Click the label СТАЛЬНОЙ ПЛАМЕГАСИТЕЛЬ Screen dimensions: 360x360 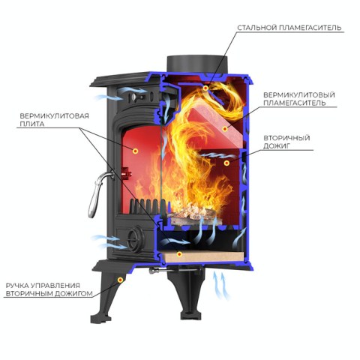coord(289,28)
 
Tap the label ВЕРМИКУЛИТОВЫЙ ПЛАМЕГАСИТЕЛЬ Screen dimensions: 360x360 coord(299,99)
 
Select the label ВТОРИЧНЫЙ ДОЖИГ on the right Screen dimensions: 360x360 coord(286,142)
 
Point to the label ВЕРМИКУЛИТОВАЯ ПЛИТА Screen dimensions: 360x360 coord(54,120)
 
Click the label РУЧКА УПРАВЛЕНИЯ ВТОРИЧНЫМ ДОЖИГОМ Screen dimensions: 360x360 coord(49,289)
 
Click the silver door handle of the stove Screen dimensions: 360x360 coord(98,193)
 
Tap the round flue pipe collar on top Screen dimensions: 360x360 coord(197,64)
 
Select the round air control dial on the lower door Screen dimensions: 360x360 coord(135,238)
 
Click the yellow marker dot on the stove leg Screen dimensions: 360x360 coord(121,280)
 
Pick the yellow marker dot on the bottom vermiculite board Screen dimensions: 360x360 coord(179,254)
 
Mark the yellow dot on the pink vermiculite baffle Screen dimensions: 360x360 coord(225,129)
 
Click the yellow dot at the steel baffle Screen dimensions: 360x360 coord(205,88)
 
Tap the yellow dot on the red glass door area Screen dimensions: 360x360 coord(136,151)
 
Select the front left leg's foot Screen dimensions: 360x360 coord(100,318)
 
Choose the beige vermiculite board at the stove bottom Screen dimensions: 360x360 coord(203,256)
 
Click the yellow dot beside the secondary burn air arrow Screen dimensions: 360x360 coord(226,163)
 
